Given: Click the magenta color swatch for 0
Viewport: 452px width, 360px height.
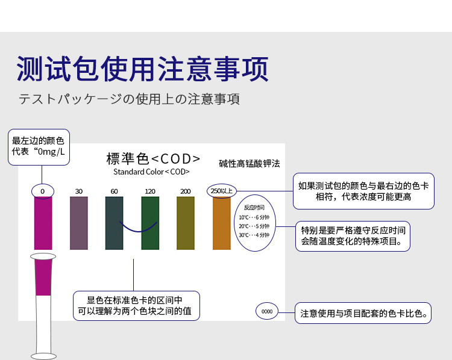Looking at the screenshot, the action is [x=43, y=223].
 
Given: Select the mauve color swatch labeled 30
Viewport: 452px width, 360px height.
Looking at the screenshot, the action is [x=79, y=223].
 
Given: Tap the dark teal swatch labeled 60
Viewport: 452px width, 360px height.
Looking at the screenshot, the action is [x=114, y=223].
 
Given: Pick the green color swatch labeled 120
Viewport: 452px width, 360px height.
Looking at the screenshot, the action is [x=150, y=223].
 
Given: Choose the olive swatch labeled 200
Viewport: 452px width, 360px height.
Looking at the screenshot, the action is [x=186, y=223].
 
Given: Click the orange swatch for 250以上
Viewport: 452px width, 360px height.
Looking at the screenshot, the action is [x=222, y=223].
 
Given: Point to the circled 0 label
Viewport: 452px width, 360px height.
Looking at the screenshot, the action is [x=43, y=191].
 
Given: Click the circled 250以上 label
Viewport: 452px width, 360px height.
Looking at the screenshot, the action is [x=222, y=191].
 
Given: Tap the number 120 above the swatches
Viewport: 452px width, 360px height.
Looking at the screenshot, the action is [x=150, y=191].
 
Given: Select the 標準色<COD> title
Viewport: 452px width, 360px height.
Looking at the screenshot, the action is [x=153, y=159].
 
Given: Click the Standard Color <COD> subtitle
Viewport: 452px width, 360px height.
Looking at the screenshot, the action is [x=151, y=172].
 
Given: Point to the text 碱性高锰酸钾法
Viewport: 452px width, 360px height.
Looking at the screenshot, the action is [x=250, y=164].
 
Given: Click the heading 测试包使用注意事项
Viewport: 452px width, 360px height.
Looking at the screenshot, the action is [x=142, y=69].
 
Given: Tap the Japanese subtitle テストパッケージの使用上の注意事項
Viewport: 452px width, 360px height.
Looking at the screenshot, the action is [x=129, y=99].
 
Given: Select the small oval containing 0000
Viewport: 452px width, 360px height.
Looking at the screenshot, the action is [x=267, y=311].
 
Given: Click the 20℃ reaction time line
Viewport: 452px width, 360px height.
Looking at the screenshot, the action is [x=254, y=226].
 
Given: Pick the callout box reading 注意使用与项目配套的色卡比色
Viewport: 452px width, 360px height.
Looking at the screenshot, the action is [x=363, y=313].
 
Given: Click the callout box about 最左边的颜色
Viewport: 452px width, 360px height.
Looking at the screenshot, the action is [x=39, y=147].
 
